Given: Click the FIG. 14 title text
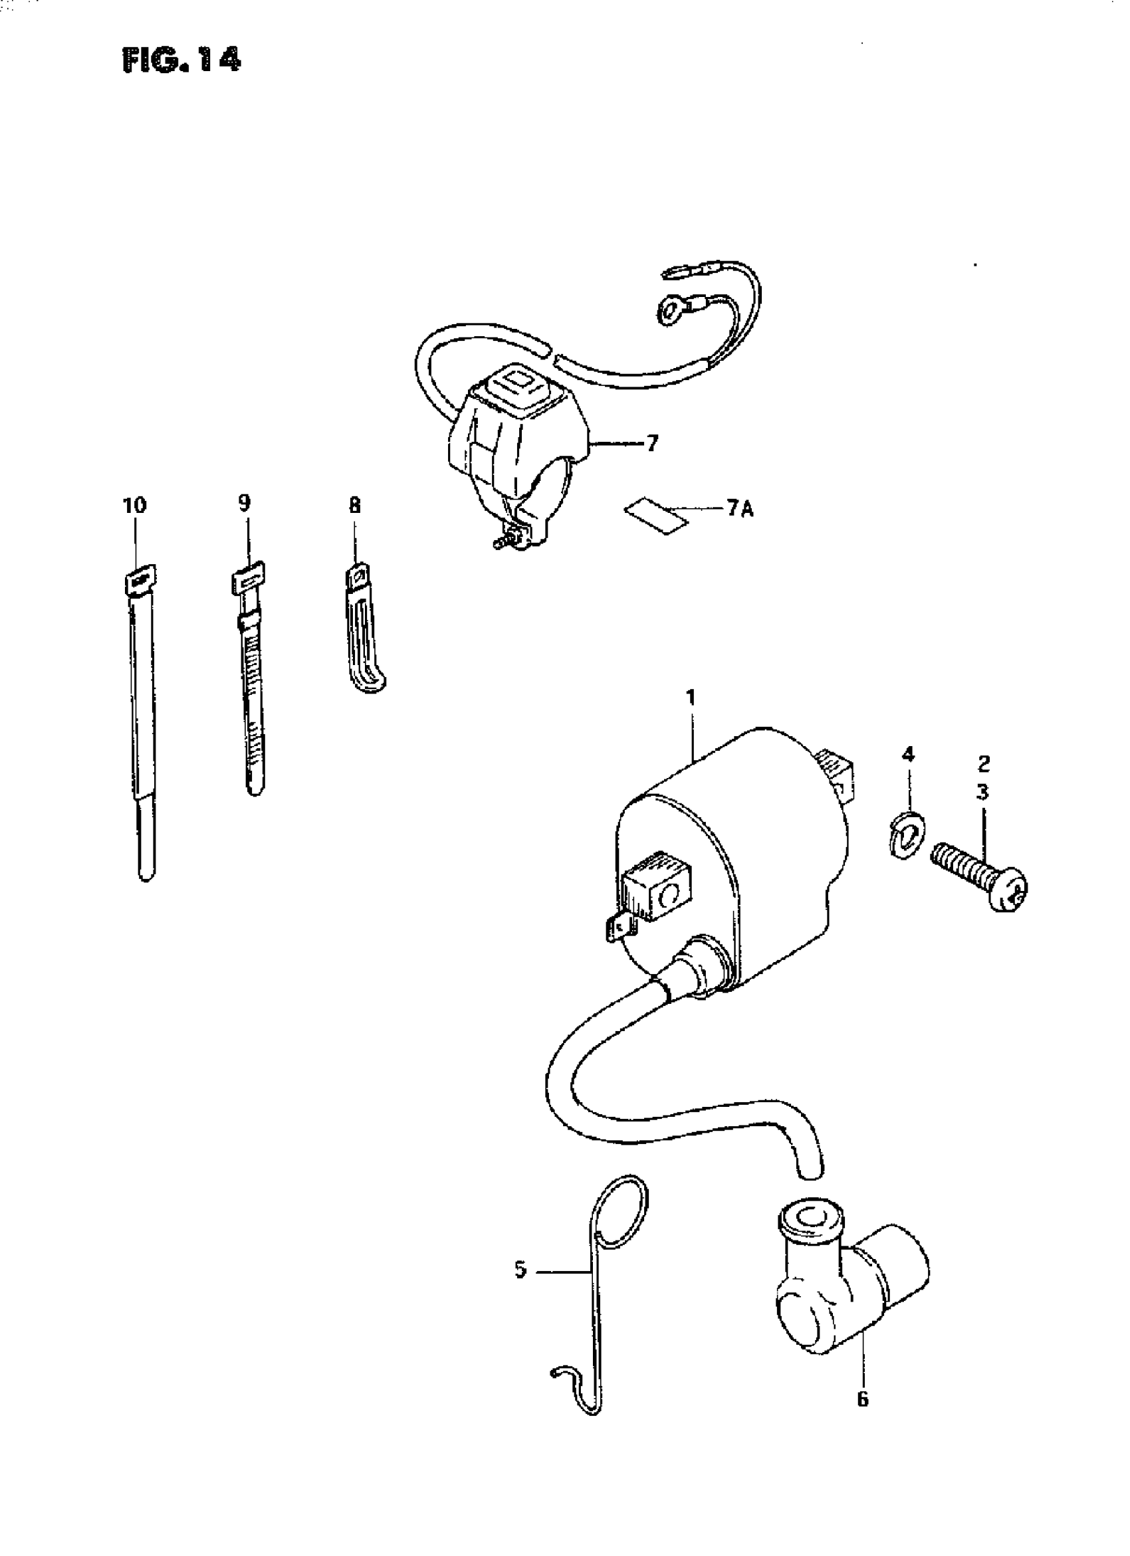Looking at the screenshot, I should pyautogui.click(x=181, y=61).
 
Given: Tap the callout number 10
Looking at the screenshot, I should pyautogui.click(x=134, y=506).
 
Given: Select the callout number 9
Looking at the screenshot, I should pyautogui.click(x=245, y=503).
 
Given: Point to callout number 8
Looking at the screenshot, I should pyautogui.click(x=354, y=506).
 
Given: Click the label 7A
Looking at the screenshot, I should pyautogui.click(x=739, y=509).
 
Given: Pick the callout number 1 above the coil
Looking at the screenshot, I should pyautogui.click(x=691, y=698).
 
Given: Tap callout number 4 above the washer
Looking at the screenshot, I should pyautogui.click(x=907, y=755).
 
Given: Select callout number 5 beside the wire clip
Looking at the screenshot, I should pyautogui.click(x=520, y=1270).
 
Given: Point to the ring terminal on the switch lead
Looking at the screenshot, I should pyautogui.click(x=668, y=314).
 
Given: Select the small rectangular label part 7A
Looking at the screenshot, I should pyautogui.click(x=655, y=516).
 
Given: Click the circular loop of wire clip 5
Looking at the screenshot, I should pyautogui.click(x=622, y=1218).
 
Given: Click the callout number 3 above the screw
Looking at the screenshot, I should pyautogui.click(x=982, y=793).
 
